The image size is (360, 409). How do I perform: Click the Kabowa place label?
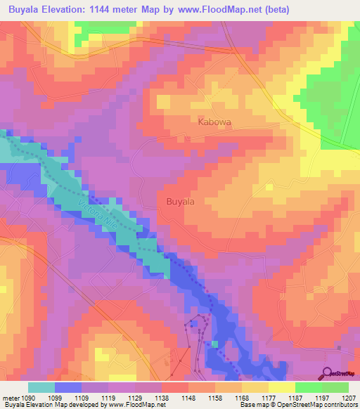click(214, 122)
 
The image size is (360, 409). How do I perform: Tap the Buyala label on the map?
click(180, 201)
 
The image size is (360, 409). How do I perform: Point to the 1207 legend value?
click(349, 398)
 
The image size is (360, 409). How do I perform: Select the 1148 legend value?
click(189, 398)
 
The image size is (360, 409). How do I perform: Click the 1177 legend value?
click(269, 398)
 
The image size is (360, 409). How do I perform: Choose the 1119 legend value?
click(109, 398)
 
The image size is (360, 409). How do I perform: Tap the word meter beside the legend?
click(10, 398)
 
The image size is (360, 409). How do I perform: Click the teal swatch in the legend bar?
click(41, 387)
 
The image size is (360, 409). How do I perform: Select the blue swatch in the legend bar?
click(68, 387)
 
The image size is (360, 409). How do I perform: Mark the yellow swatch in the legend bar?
click(282, 387)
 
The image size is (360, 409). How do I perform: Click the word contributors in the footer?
click(340, 405)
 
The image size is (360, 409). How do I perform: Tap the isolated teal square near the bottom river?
click(215, 344)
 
